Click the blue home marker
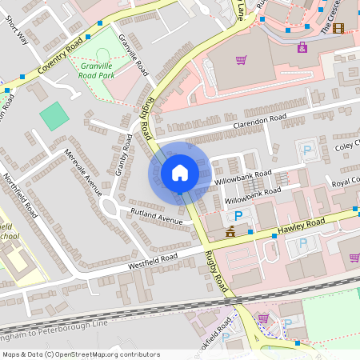pyautogui.click(x=179, y=173)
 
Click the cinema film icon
pyautogui.click(x=338, y=29)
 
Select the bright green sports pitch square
pyautogui.click(x=54, y=116)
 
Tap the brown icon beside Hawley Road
pyautogui.click(x=230, y=233)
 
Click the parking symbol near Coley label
pyautogui.click(x=306, y=149)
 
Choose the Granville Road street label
pyautogui.click(x=133, y=54)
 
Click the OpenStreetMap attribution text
pyautogui.click(x=80, y=354)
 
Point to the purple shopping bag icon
pyautogui.click(x=302, y=47)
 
